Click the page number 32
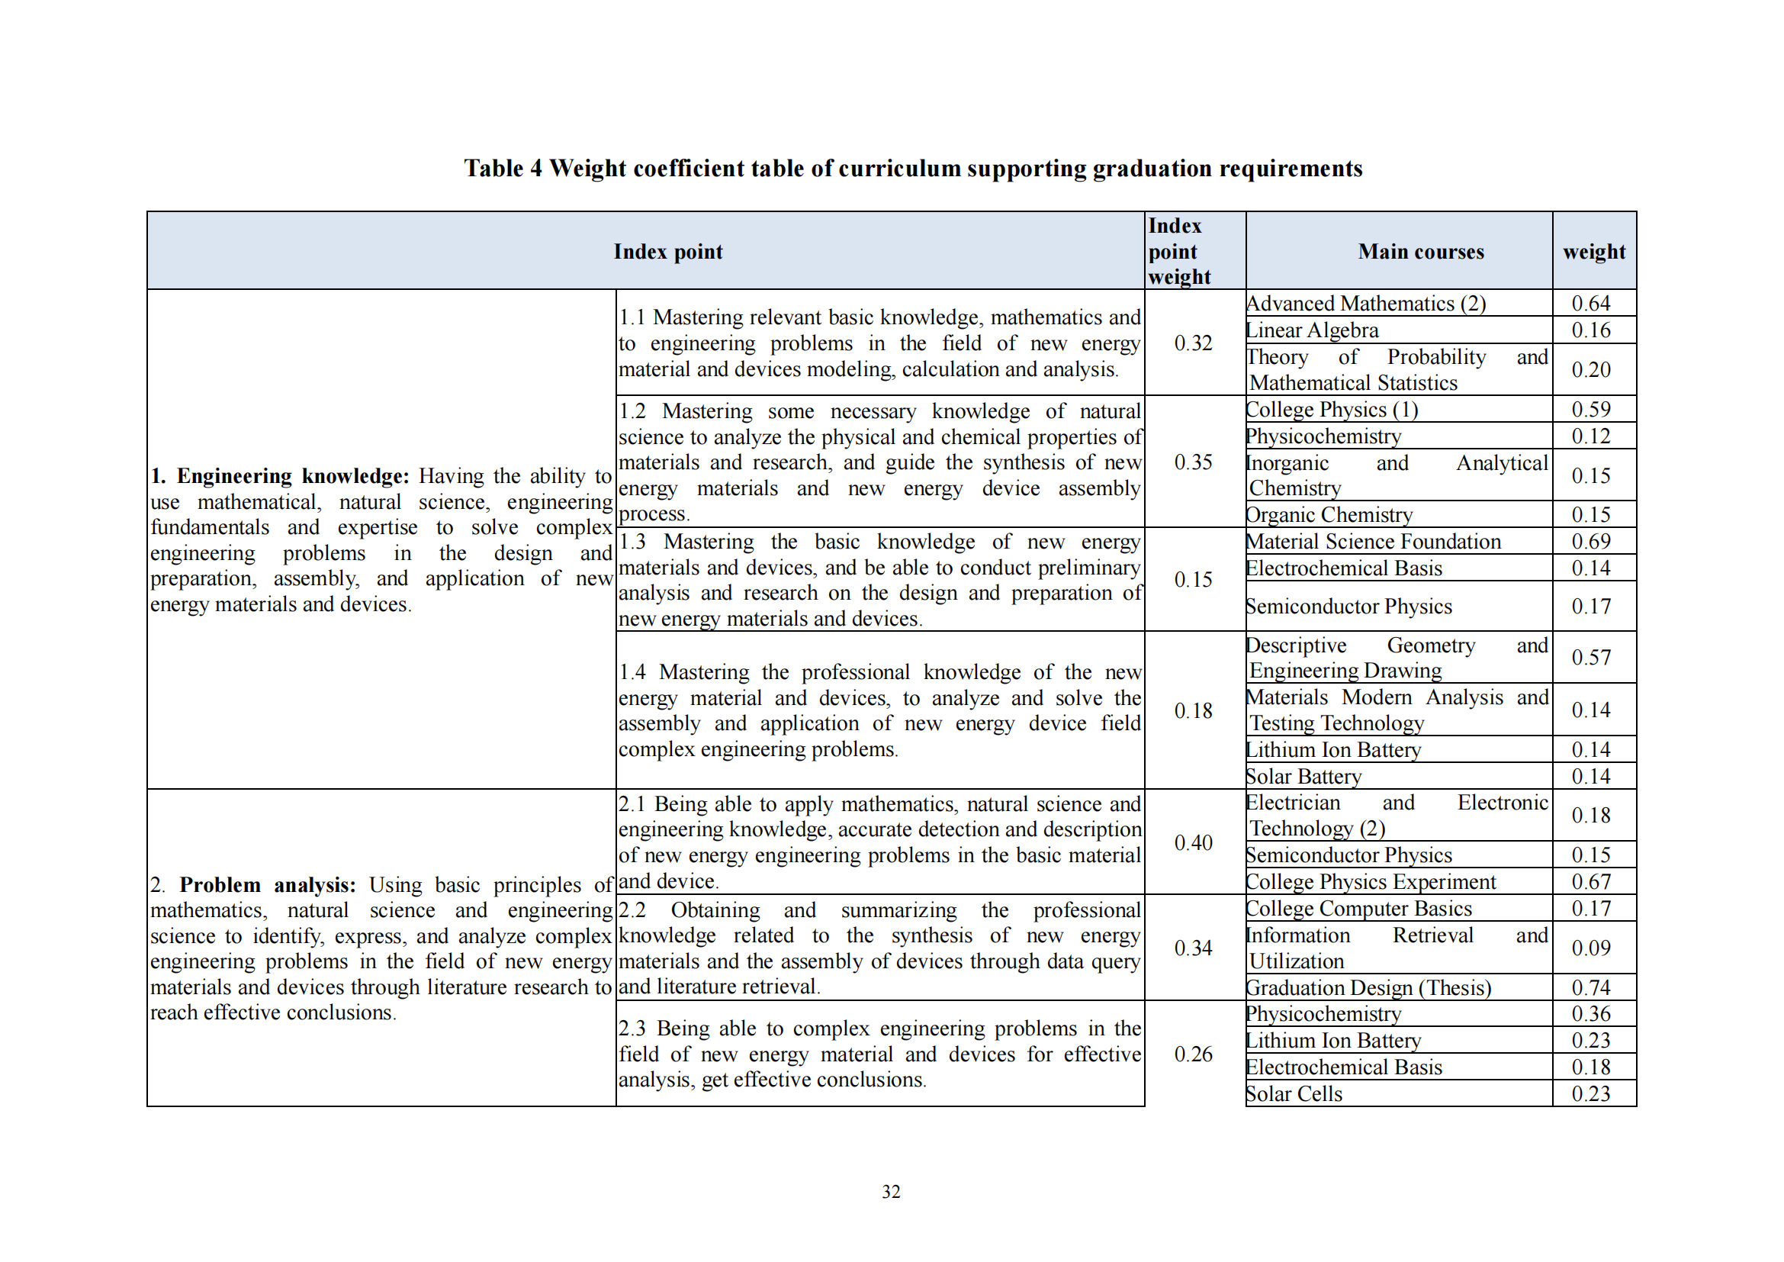[x=890, y=1192]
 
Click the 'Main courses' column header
[x=1420, y=252]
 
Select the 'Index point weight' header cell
[x=1178, y=251]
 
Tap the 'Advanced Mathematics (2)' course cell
[x=1365, y=303]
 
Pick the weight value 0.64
[x=1590, y=303]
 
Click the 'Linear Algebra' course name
[x=1312, y=330]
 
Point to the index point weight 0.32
[x=1193, y=343]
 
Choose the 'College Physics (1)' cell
[x=1332, y=410]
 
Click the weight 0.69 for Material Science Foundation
[x=1590, y=542]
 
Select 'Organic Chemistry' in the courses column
[x=1329, y=514]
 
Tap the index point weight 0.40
[x=1193, y=842]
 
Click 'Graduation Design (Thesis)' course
[x=1368, y=987]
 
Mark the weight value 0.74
[x=1590, y=987]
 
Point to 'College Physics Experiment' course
[x=1370, y=882]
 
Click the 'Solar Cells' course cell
[x=1294, y=1094]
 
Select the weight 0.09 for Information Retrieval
[x=1590, y=948]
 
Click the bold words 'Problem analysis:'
[x=267, y=885]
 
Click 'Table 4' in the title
[x=503, y=169]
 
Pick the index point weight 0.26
[x=1193, y=1054]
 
